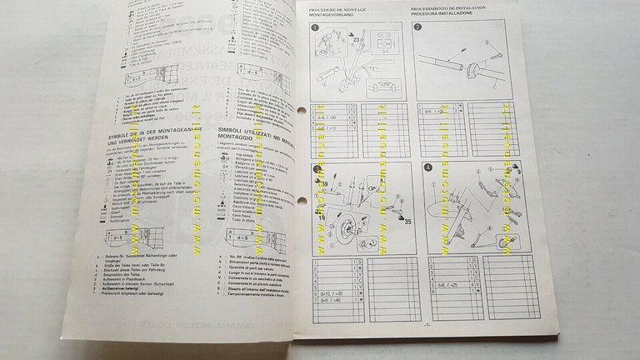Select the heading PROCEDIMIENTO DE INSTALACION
click(x=449, y=7)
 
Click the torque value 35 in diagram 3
click(x=384, y=222)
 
